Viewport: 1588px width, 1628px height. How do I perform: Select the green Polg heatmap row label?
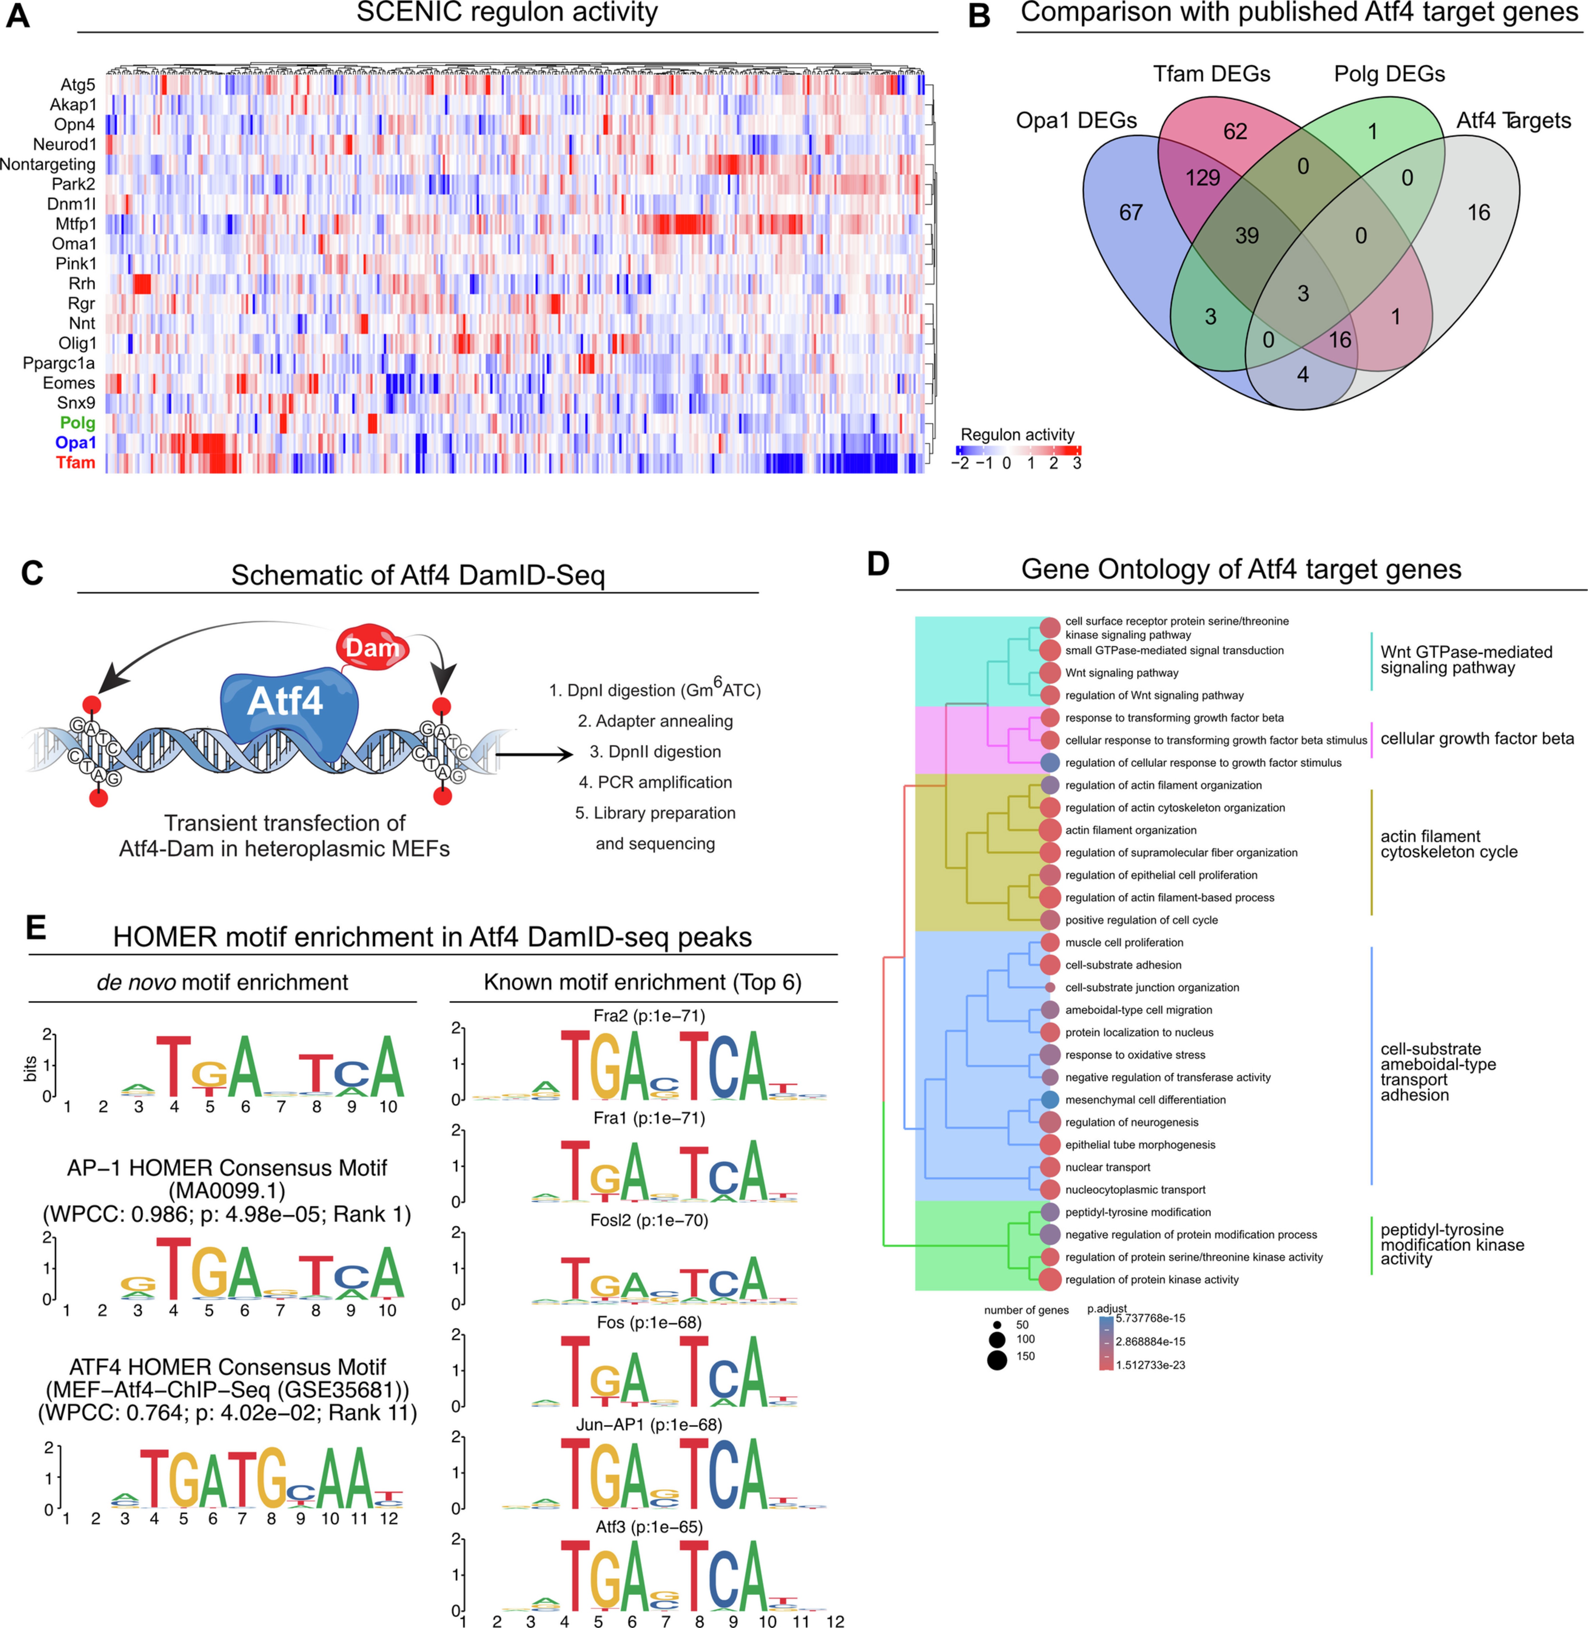[x=77, y=423]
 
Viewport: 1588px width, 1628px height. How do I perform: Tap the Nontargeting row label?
[x=47, y=164]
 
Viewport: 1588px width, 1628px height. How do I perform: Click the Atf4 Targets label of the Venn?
[x=1513, y=121]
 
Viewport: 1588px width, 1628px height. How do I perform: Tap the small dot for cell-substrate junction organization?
[x=1050, y=987]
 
